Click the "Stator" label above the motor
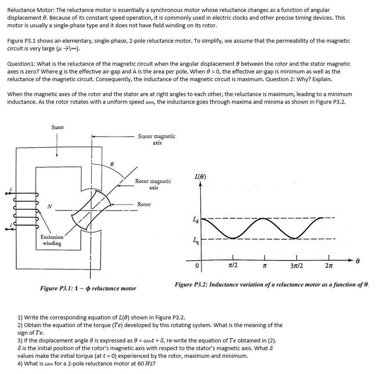[58, 127]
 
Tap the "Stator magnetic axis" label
[156, 140]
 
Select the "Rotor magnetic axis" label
[153, 184]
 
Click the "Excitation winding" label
[52, 240]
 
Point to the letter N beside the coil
[50, 207]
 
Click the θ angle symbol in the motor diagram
[111, 163]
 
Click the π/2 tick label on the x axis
[233, 266]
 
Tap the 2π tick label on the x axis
[329, 266]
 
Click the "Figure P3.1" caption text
[88, 288]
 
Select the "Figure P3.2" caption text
[272, 284]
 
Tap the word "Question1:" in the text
[22, 64]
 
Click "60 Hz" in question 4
[146, 364]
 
